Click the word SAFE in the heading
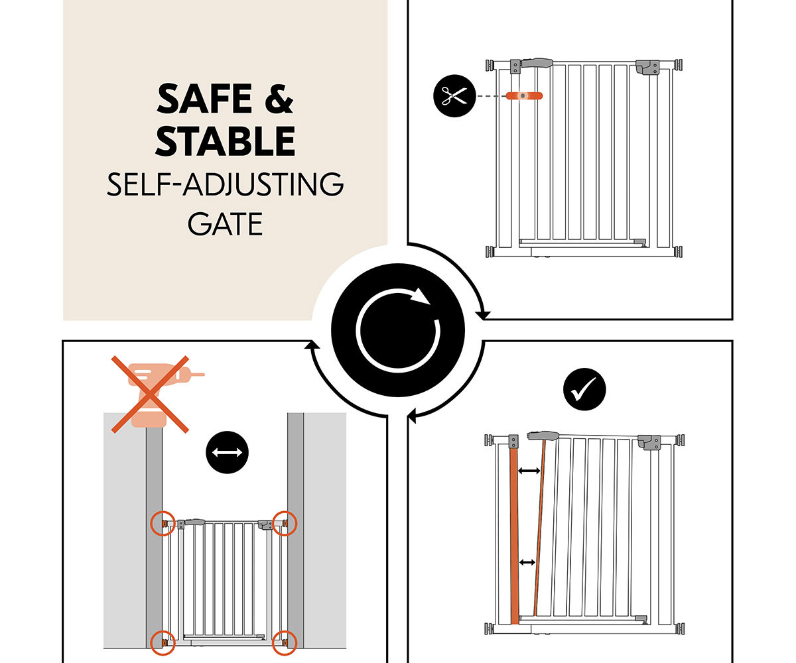(x=204, y=99)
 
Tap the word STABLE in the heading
(x=226, y=141)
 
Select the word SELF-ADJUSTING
(x=226, y=184)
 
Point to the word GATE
(x=226, y=224)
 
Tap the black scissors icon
(x=454, y=95)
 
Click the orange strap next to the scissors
(x=524, y=95)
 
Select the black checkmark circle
(x=584, y=389)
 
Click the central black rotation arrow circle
(x=398, y=330)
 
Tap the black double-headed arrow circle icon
(x=228, y=452)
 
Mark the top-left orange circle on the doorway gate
(x=163, y=523)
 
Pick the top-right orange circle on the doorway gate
(x=285, y=523)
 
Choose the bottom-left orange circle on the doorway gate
(x=163, y=643)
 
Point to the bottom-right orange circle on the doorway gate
(x=285, y=643)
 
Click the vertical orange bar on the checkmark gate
(x=514, y=536)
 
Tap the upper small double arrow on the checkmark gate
(x=529, y=471)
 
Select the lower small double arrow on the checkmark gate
(x=527, y=562)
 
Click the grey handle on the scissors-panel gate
(x=537, y=62)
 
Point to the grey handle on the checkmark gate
(x=543, y=436)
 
